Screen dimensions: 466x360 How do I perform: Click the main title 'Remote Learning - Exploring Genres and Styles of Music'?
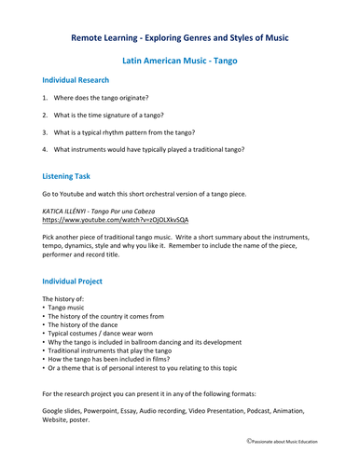point(180,37)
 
